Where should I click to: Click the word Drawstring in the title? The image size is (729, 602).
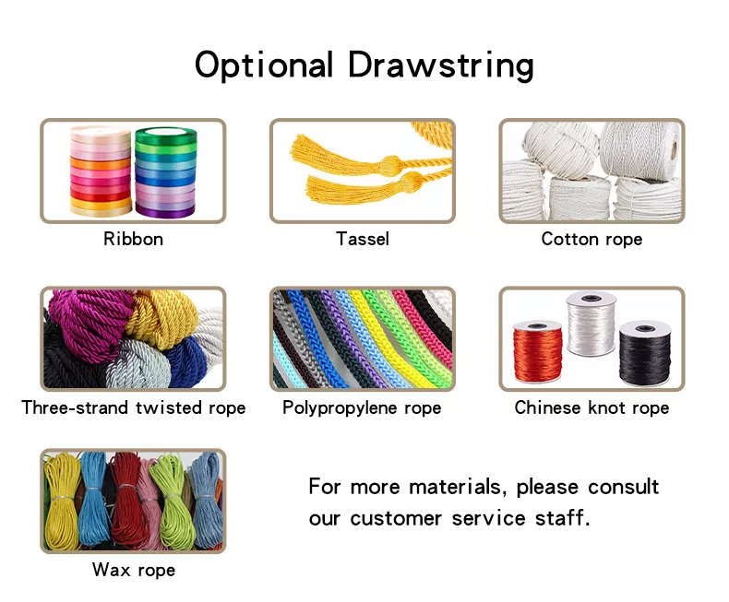click(x=441, y=65)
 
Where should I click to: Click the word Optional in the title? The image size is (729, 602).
click(x=264, y=65)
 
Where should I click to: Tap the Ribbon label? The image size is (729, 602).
click(x=133, y=239)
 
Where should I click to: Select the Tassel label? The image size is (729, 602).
click(x=363, y=239)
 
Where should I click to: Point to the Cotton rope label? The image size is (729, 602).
click(x=592, y=239)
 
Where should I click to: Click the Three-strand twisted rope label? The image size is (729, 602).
click(x=134, y=407)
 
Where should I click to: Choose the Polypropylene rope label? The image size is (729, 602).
click(x=362, y=407)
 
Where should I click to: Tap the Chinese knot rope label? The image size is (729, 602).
click(x=592, y=407)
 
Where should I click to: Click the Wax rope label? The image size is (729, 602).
click(x=134, y=570)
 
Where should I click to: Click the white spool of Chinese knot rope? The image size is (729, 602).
click(x=590, y=327)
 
